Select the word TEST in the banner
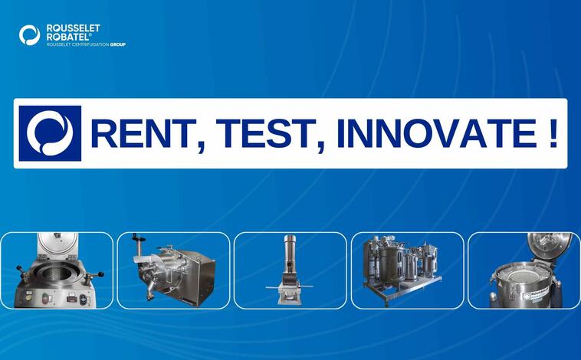pos(261,134)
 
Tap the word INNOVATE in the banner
pos(436,134)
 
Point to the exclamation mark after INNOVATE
pos(553,134)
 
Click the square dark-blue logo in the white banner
pos(50,133)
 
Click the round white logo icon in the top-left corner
pos(29,35)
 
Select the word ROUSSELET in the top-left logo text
pos(73,28)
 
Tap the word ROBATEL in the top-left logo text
pos(67,37)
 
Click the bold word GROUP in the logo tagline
pos(118,44)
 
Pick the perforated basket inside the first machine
pos(57,271)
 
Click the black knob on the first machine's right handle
pos(100,274)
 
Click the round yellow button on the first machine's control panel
pos(28,297)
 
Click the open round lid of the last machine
pos(549,245)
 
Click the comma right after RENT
pos(202,146)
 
